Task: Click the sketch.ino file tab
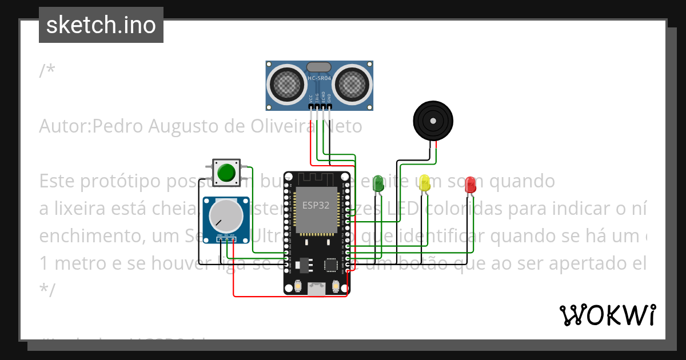pos(101,25)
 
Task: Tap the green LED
pos(378,182)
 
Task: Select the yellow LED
pos(424,182)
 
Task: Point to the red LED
pos(470,184)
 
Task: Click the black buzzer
pos(433,121)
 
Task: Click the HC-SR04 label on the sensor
pos(319,78)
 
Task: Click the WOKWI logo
pos(607,315)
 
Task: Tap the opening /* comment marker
pos(47,71)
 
